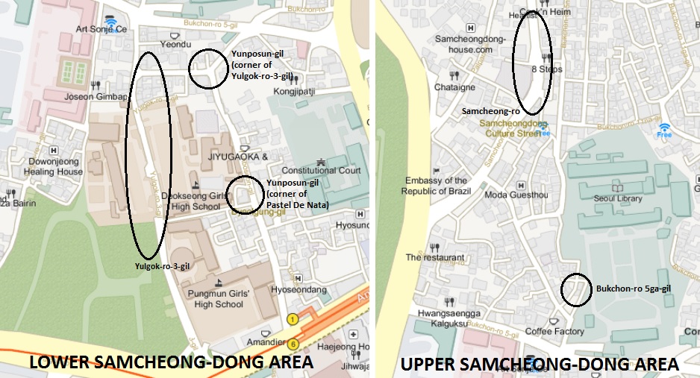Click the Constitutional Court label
coord(321,171)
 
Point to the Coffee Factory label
coord(554,331)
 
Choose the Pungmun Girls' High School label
coord(219,299)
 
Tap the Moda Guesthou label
coord(516,195)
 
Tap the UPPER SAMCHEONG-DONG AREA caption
coord(540,365)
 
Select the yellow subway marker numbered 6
coord(293,344)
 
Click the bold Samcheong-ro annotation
coord(490,110)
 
